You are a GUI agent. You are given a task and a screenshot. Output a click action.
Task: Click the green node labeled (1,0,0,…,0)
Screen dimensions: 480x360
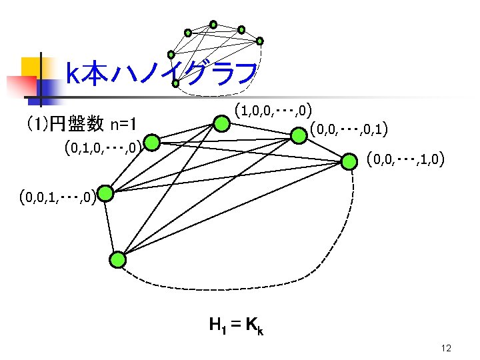click(222, 123)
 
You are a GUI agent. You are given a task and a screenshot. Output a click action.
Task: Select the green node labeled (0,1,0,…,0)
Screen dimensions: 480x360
click(152, 143)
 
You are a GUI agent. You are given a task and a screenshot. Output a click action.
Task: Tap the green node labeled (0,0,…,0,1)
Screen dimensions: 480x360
click(297, 135)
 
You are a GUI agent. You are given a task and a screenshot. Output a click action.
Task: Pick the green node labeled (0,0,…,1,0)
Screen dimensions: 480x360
click(349, 161)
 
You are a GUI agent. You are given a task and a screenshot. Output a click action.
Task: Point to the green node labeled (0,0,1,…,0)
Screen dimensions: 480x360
click(106, 194)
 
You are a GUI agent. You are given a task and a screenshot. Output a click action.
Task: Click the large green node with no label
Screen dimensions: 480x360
click(118, 259)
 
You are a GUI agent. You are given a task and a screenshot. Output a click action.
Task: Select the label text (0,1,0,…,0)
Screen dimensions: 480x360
click(101, 146)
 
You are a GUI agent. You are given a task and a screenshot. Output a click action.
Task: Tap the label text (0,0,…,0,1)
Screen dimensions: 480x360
click(350, 127)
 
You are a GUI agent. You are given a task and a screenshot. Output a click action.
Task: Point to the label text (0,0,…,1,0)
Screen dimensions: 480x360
click(405, 159)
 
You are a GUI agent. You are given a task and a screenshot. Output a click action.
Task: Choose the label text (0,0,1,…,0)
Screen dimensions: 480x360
click(57, 196)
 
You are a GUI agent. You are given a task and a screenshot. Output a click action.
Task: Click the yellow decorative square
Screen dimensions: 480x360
click(31, 66)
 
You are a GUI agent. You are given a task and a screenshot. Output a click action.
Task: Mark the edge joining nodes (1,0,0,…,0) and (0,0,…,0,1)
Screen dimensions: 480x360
click(260, 129)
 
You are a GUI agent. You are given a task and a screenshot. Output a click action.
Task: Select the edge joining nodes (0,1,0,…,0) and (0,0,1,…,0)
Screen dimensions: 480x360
click(129, 168)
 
